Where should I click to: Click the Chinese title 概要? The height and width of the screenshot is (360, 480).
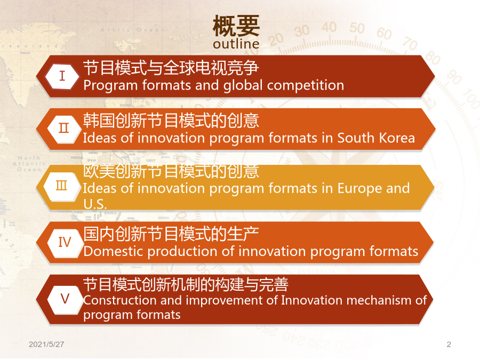[x=236, y=26]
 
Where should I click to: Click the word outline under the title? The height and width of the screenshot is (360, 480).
[x=236, y=44]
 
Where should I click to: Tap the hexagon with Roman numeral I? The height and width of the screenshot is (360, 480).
[x=62, y=76]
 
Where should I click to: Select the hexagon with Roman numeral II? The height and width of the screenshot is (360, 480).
[x=63, y=129]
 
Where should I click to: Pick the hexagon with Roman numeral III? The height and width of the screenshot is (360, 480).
[x=62, y=186]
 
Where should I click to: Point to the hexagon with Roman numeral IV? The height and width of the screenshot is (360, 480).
[x=65, y=242]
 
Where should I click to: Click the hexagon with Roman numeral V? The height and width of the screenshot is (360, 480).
[x=65, y=299]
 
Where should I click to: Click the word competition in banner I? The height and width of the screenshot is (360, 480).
[x=306, y=86]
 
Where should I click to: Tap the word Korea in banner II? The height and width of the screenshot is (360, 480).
[x=397, y=138]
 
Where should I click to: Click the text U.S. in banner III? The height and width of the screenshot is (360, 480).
[x=95, y=204]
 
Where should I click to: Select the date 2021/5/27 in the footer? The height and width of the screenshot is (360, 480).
[x=46, y=345]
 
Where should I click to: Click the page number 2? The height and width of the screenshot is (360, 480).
[x=449, y=345]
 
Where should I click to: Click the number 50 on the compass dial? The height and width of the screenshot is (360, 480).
[x=357, y=28]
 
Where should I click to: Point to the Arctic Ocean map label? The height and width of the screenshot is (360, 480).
[x=133, y=30]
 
